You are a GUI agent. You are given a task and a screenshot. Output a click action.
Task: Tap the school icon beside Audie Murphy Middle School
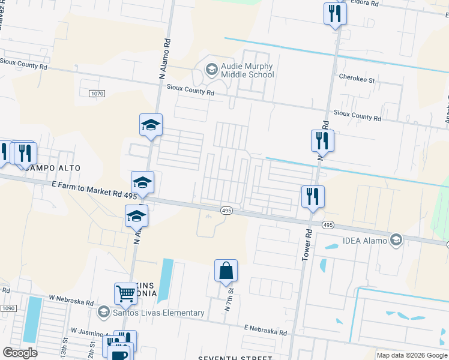[211, 70]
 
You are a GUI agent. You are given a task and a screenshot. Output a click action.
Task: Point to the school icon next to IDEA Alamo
[396, 241]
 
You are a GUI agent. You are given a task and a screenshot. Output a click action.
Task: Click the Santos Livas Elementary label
[158, 313]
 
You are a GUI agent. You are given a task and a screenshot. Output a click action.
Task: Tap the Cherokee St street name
[357, 79]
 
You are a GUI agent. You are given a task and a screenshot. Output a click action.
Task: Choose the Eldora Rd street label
[366, 3]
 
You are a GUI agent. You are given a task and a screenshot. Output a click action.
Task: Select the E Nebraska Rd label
[265, 331]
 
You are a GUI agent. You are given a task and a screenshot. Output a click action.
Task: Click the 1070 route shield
[97, 94]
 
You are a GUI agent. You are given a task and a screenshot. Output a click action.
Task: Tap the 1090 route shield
[8, 308]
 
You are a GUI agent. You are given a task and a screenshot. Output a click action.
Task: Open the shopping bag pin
[226, 271]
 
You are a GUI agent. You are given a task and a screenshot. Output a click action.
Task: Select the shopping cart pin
[126, 293]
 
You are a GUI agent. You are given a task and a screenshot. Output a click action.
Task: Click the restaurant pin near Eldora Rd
[335, 13]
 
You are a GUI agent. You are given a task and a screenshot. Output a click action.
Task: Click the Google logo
[20, 353]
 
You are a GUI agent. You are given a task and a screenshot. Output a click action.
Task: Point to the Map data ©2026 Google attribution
[412, 355]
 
